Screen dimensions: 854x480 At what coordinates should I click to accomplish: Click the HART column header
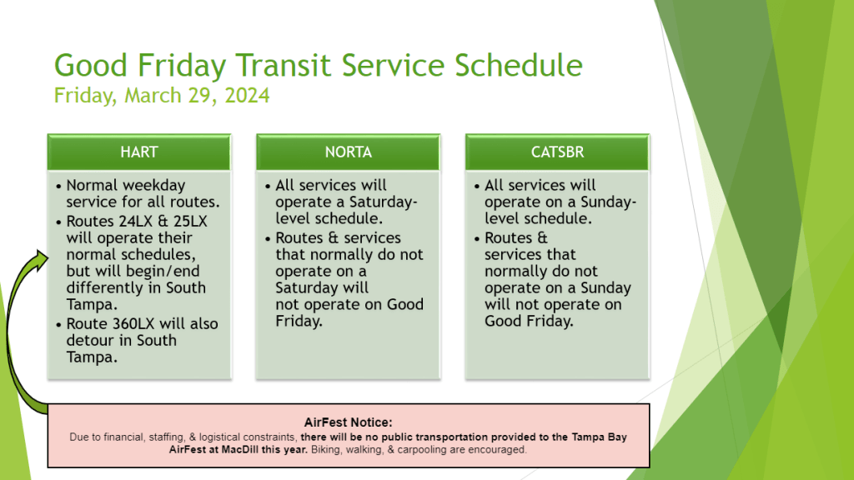tap(139, 152)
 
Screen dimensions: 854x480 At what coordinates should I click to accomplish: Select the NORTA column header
tap(349, 152)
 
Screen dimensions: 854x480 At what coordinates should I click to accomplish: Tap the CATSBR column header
tap(558, 152)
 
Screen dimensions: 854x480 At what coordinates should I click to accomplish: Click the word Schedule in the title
tap(519, 65)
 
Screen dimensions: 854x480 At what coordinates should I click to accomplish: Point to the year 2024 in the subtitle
tap(247, 96)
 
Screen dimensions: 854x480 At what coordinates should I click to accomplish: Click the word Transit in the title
tap(284, 65)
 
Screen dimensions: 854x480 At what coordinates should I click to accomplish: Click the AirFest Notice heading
tap(348, 422)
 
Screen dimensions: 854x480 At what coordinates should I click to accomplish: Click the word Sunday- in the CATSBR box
tap(608, 202)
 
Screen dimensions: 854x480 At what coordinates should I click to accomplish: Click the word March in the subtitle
tap(153, 96)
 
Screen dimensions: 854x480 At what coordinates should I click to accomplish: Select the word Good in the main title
tap(91, 65)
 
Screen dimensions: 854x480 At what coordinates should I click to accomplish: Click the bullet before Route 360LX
tap(59, 325)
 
